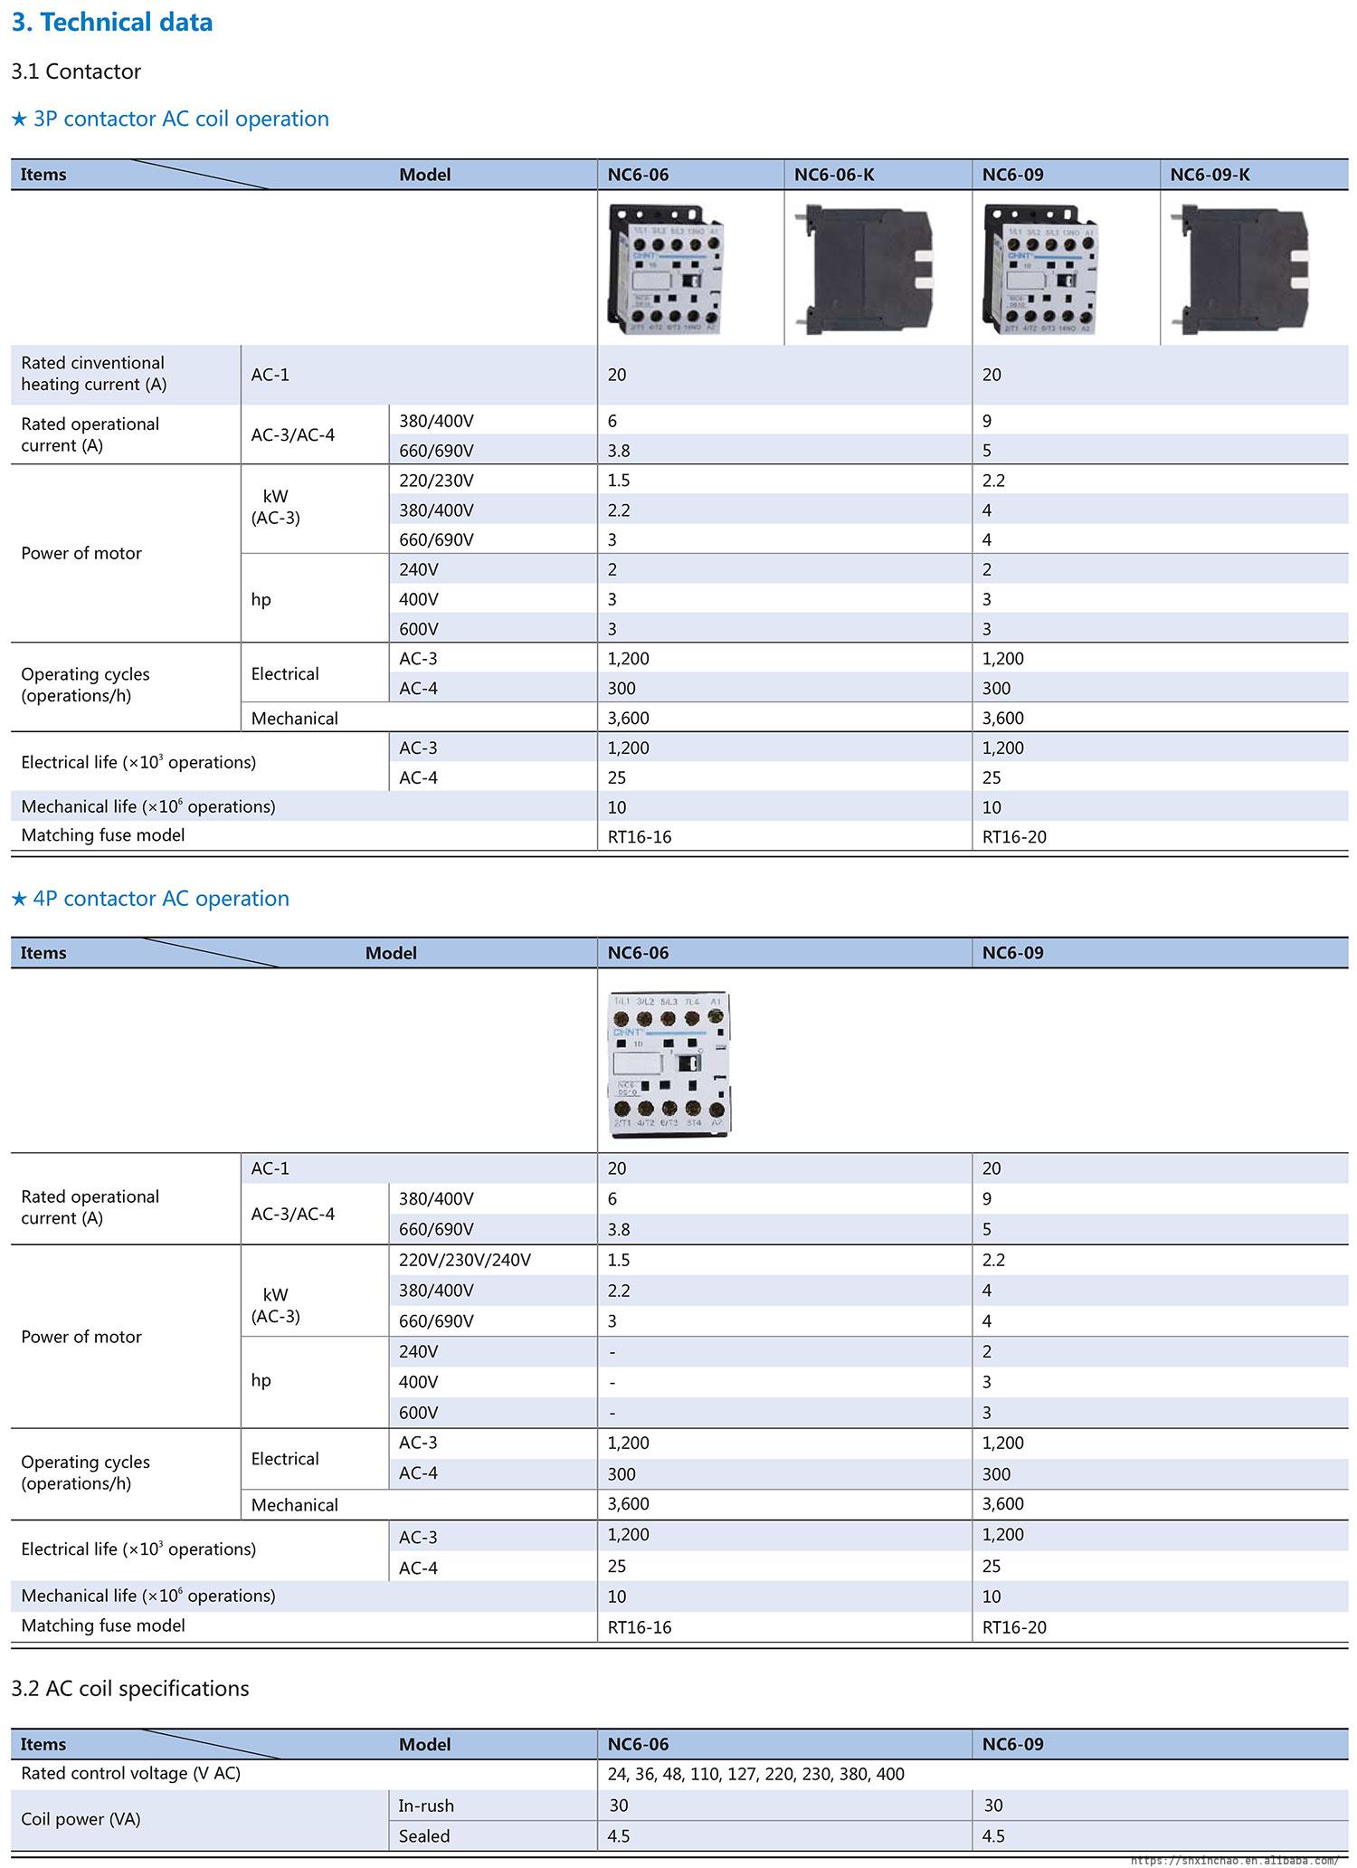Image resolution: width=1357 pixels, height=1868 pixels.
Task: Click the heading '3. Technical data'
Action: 112,22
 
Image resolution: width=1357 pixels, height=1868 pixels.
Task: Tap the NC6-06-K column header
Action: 834,175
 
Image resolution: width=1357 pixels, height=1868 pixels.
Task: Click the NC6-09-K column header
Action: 1210,175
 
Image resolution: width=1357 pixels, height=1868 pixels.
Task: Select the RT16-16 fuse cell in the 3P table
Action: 640,837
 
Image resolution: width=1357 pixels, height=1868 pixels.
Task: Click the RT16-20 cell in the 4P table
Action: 1014,1627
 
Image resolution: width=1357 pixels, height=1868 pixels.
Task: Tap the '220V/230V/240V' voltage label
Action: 465,1260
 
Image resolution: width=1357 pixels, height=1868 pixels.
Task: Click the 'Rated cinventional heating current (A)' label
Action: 93,374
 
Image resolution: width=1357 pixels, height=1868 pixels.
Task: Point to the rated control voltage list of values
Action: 755,1774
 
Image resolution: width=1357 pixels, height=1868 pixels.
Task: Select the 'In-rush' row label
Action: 426,1806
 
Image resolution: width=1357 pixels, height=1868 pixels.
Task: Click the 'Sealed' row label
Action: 424,1836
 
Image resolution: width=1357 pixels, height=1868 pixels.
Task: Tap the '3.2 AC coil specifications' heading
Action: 130,1689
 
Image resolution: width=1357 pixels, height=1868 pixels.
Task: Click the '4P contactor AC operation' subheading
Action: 150,899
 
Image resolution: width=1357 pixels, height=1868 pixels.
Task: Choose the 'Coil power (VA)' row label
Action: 81,1819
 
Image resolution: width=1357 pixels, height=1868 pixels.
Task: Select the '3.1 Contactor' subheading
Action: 76,71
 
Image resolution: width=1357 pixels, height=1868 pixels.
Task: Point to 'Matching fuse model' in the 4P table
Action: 103,1625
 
